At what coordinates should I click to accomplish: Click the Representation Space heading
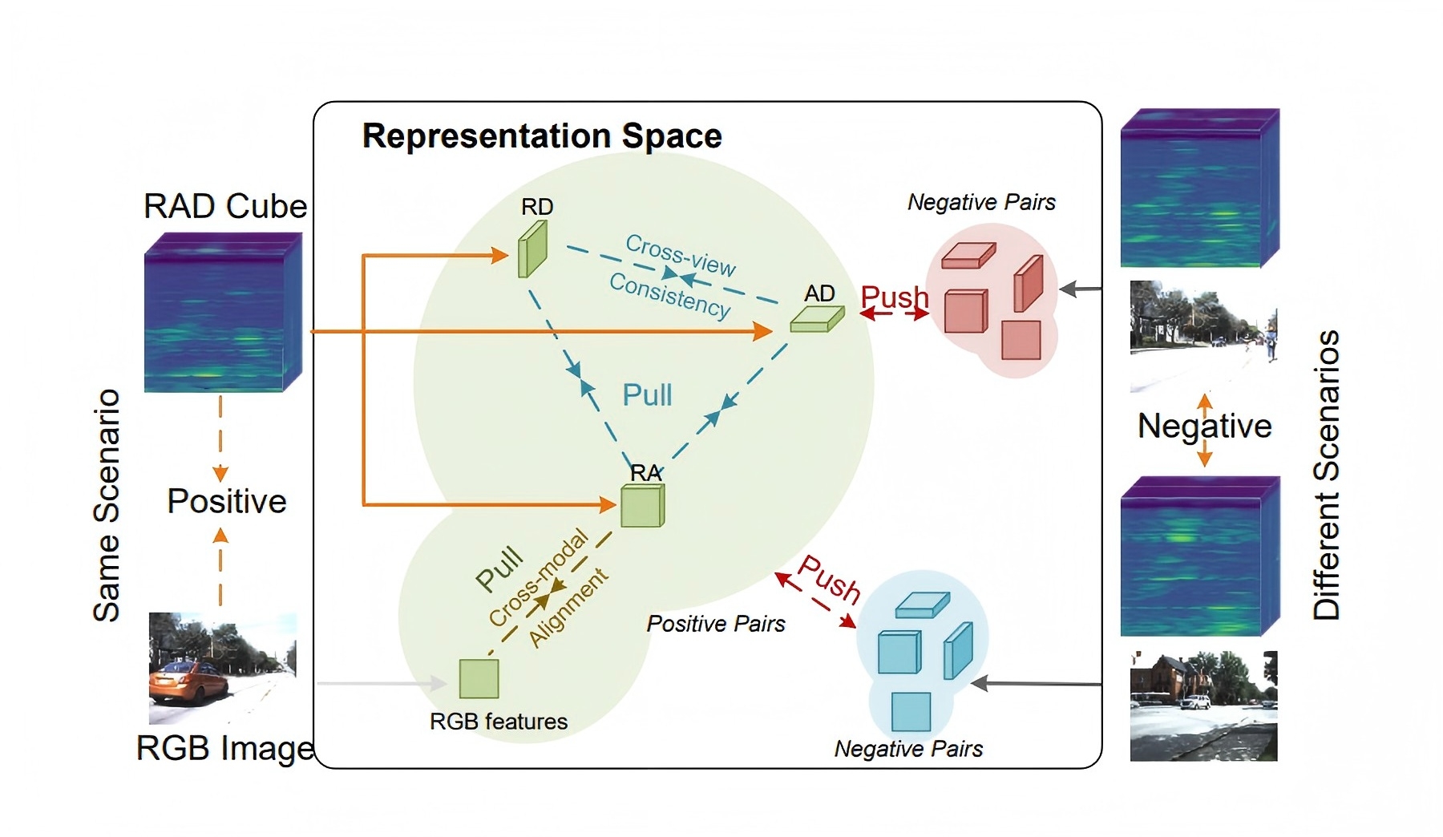pyautogui.click(x=542, y=136)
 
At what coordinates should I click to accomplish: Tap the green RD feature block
pyautogui.click(x=532, y=249)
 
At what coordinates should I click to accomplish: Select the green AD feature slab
pyautogui.click(x=816, y=320)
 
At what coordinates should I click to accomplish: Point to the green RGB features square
pyautogui.click(x=479, y=678)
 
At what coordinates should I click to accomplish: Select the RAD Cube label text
pyautogui.click(x=225, y=206)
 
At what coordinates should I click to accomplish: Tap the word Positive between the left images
pyautogui.click(x=227, y=502)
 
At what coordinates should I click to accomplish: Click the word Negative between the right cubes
pyautogui.click(x=1204, y=426)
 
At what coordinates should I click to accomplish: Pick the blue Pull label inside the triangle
pyautogui.click(x=648, y=395)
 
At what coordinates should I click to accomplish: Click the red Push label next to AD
pyautogui.click(x=894, y=297)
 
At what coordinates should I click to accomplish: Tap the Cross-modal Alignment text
pyautogui.click(x=548, y=590)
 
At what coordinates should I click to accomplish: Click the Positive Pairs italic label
pyautogui.click(x=716, y=624)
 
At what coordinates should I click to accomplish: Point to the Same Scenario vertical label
pyautogui.click(x=107, y=505)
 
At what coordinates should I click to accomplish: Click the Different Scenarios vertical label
pyautogui.click(x=1327, y=475)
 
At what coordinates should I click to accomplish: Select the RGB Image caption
pyautogui.click(x=225, y=748)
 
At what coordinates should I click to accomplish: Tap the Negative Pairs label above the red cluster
pyautogui.click(x=981, y=203)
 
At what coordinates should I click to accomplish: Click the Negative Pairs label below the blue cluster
pyautogui.click(x=908, y=749)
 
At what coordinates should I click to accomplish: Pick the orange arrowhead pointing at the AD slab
pyautogui.click(x=762, y=331)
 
